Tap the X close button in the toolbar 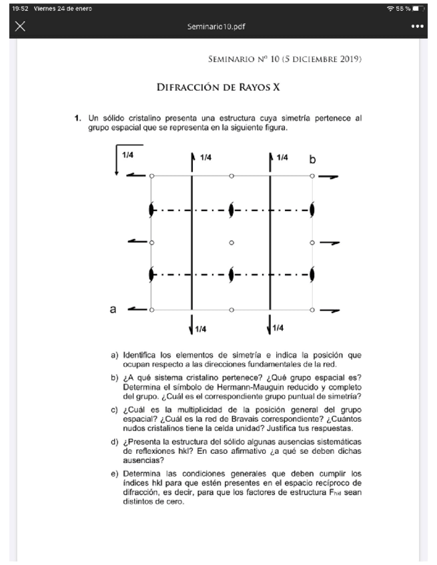(x=20, y=26)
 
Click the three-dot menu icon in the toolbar (x=418, y=26)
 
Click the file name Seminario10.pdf (x=218, y=26)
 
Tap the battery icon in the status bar (x=418, y=8)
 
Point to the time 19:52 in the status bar (x=11, y=8)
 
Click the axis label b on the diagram (x=312, y=160)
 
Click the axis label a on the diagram (x=113, y=309)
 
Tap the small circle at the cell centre (x=232, y=243)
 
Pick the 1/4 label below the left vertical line (x=200, y=329)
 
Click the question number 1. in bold (x=78, y=118)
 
